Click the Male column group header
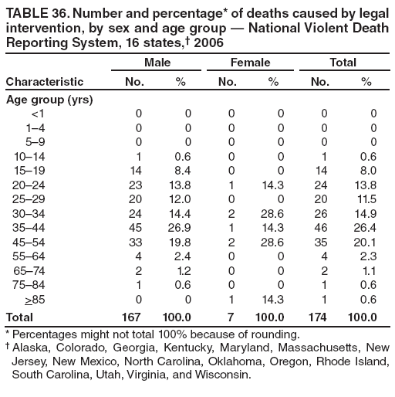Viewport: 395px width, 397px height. click(x=157, y=61)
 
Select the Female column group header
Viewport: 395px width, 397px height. click(x=250, y=61)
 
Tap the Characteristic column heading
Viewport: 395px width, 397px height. click(x=45, y=81)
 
